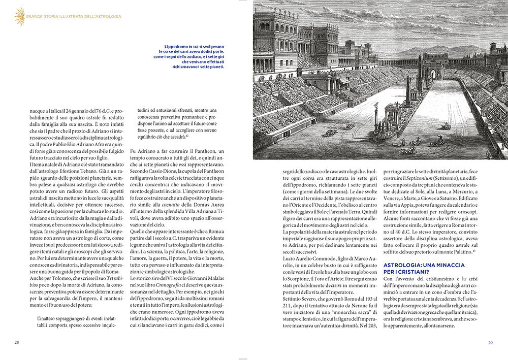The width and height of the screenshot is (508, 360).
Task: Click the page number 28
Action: [x=17, y=342]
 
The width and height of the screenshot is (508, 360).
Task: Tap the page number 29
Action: [x=491, y=342]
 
